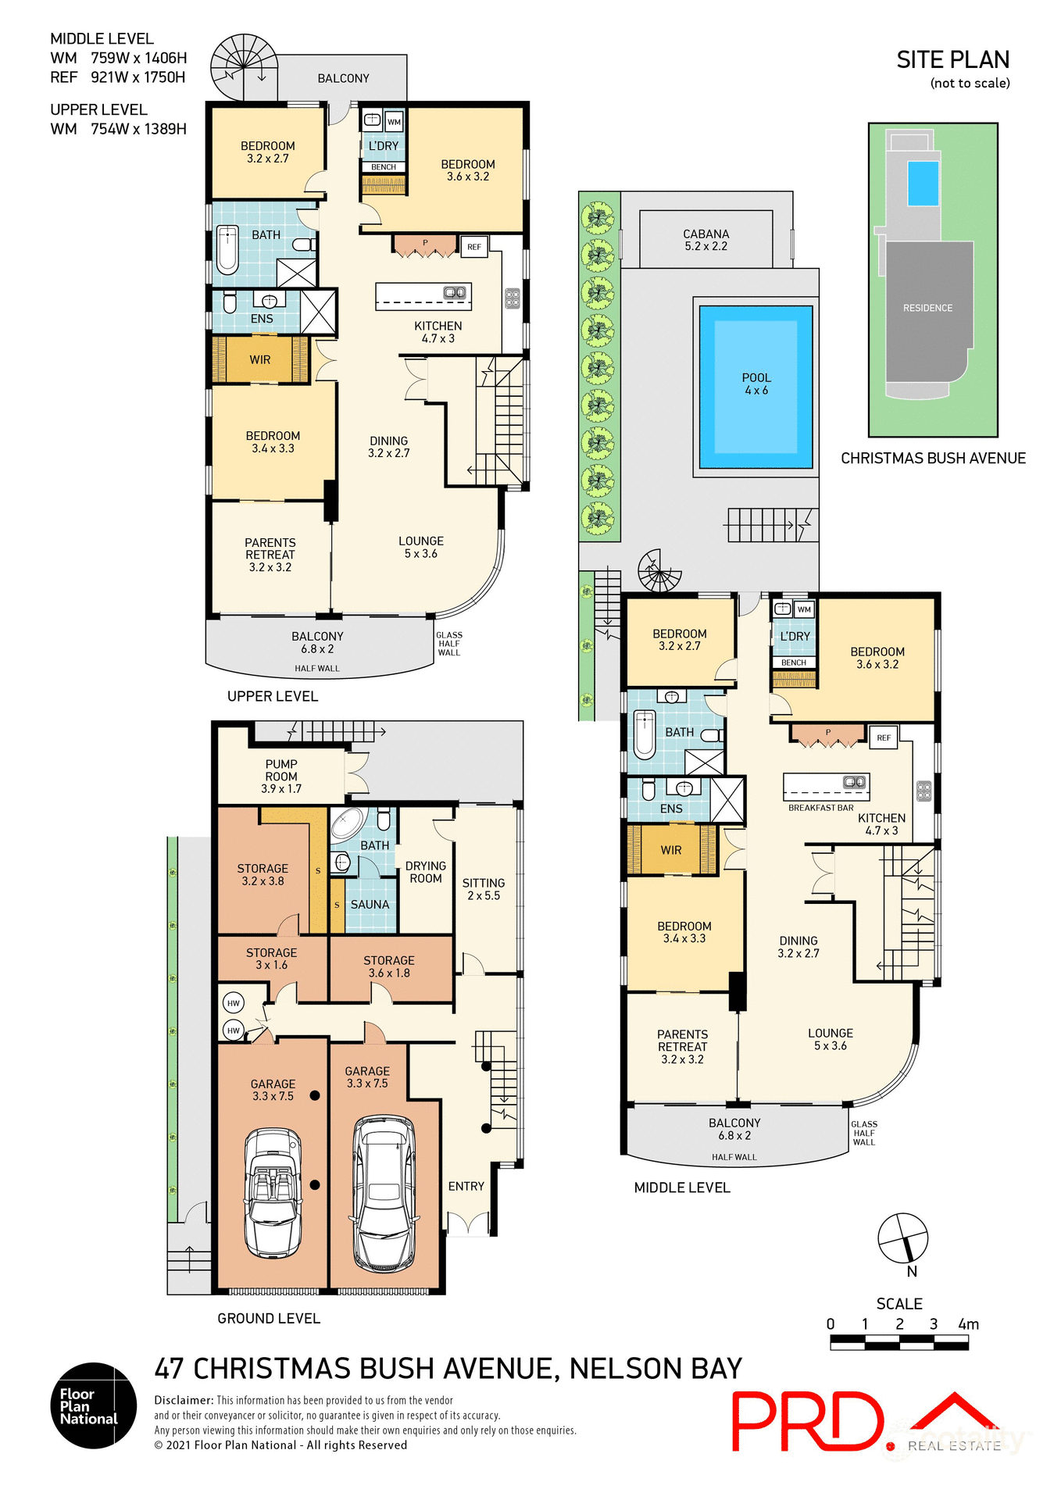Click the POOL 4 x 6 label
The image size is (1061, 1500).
click(756, 384)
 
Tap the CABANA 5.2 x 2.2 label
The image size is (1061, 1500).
click(706, 240)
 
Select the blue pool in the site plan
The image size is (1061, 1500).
click(923, 183)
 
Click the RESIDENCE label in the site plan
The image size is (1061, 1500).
click(927, 308)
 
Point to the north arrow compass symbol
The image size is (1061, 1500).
click(902, 1237)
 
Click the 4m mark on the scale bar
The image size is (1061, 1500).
click(968, 1324)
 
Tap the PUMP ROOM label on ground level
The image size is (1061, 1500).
click(281, 776)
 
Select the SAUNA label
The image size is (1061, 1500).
click(370, 905)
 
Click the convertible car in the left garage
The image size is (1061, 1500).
click(273, 1192)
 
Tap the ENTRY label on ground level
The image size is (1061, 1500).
click(466, 1186)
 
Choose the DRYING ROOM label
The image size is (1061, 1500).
click(426, 872)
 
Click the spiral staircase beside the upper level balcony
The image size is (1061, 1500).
click(244, 67)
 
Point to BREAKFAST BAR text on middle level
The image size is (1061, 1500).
click(820, 808)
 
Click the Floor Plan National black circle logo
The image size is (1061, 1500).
click(94, 1405)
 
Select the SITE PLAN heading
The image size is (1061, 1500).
click(952, 60)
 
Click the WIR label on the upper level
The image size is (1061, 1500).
click(260, 360)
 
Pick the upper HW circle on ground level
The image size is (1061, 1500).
click(233, 1003)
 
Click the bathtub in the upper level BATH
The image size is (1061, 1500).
click(227, 249)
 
